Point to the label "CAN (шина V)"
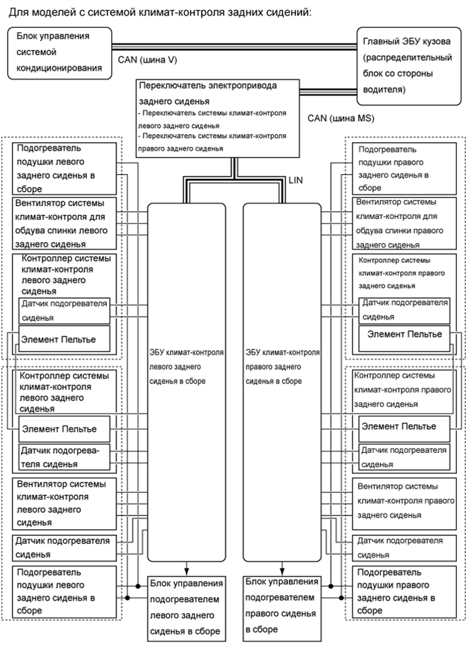148,61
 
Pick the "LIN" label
296,180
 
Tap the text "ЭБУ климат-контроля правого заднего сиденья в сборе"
282,367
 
